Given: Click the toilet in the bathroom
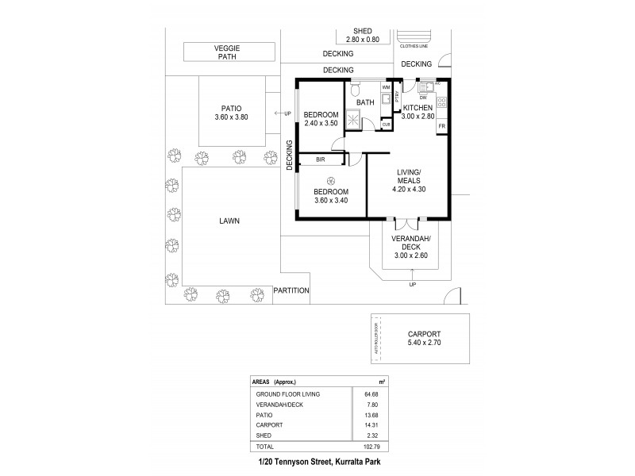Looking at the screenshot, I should pos(357,85).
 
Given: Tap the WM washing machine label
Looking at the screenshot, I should pos(387,86).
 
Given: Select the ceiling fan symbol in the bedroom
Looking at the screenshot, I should pos(329,179).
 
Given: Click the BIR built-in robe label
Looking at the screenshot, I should pos(320,159).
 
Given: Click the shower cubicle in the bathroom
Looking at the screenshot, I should pos(352,119).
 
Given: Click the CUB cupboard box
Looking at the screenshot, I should pos(387,125).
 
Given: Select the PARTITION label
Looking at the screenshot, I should pos(291,290).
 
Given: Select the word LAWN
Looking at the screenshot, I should pos(231,221).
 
